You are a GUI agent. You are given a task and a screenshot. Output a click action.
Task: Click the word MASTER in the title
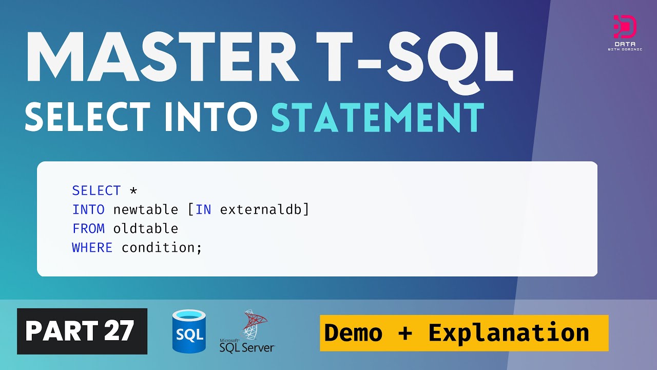[162, 61]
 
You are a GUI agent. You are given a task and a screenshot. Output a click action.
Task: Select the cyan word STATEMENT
[377, 118]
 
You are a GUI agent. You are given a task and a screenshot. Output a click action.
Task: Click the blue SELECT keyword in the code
[96, 191]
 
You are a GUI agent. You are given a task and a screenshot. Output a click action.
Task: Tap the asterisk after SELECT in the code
[133, 191]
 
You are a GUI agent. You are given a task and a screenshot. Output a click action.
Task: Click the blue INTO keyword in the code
[88, 210]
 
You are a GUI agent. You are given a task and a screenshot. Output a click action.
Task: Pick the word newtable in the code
[146, 210]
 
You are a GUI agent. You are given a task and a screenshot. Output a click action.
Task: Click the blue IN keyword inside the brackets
[203, 210]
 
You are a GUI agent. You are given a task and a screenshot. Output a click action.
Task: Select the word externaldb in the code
[261, 210]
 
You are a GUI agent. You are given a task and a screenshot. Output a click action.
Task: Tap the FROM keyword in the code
[88, 229]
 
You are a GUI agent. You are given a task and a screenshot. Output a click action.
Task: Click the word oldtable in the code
[146, 229]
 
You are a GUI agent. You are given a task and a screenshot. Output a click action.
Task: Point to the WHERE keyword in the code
[92, 248]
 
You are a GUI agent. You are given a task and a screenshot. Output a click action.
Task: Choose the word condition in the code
[158, 248]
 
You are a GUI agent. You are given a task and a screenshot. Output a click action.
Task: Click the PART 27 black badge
[82, 331]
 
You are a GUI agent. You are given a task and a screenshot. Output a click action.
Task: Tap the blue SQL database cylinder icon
[189, 331]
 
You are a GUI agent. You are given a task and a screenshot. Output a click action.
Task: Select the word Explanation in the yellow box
[508, 333]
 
